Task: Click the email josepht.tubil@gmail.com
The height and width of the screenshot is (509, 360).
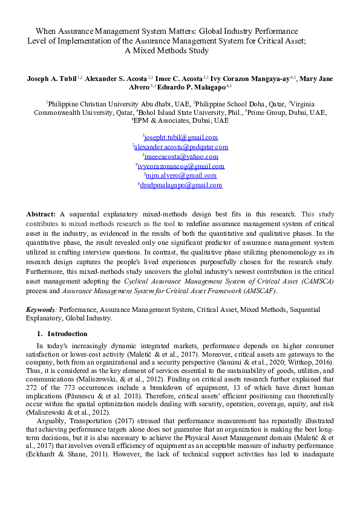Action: point(180,137)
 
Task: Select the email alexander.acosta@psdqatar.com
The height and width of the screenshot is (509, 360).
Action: point(181,147)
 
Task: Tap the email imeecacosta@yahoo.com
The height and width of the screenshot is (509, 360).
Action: point(181,157)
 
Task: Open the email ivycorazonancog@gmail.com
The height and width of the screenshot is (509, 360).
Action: point(181,166)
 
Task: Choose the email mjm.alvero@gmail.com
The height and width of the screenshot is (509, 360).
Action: point(181,176)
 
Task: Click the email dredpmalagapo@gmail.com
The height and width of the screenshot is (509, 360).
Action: point(181,186)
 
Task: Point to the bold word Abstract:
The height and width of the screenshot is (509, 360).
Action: point(41,214)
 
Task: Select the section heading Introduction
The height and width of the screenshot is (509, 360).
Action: point(67,334)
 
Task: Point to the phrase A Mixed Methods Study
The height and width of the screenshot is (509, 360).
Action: point(166,51)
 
